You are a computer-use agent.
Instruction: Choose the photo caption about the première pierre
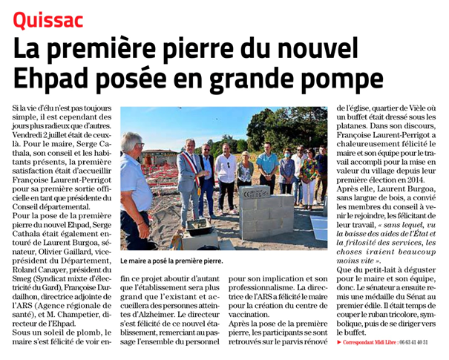click(171, 261)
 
